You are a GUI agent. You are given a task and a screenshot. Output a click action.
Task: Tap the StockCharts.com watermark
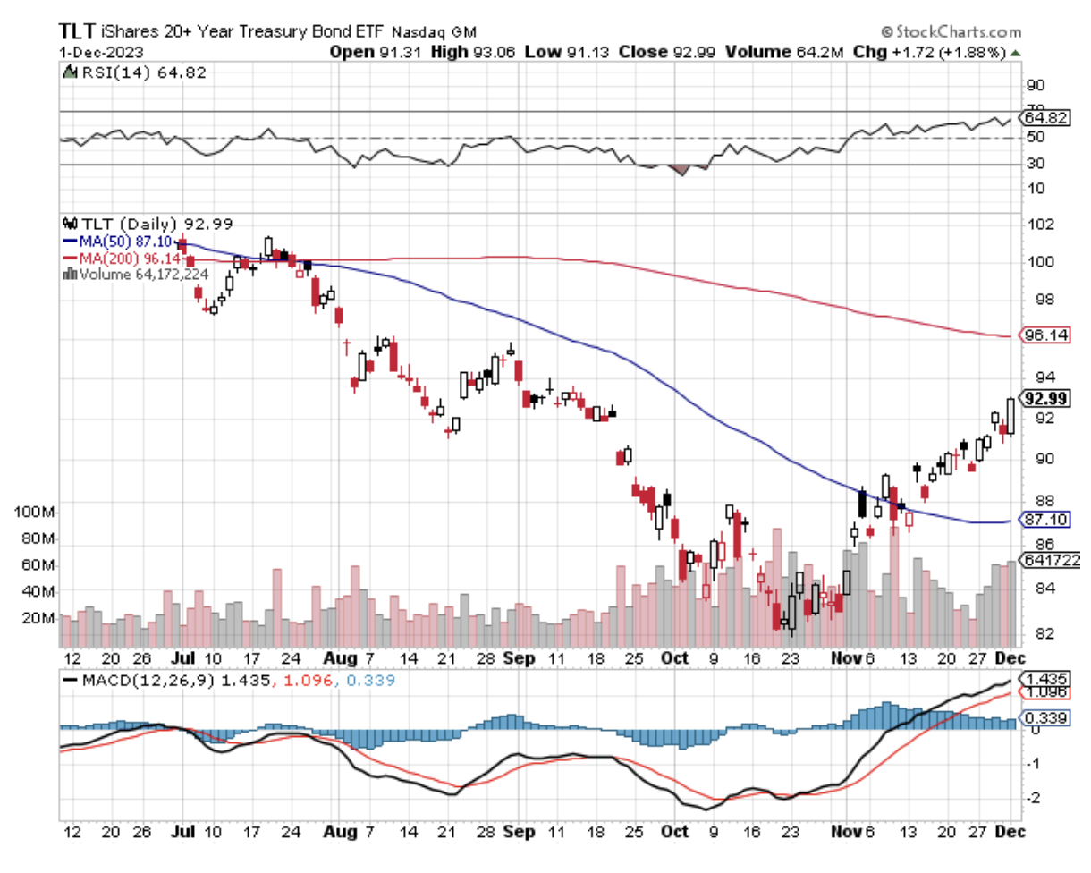950,30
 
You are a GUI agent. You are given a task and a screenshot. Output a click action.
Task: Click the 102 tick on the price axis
1037,225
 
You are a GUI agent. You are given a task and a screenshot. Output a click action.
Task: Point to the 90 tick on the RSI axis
1036,86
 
